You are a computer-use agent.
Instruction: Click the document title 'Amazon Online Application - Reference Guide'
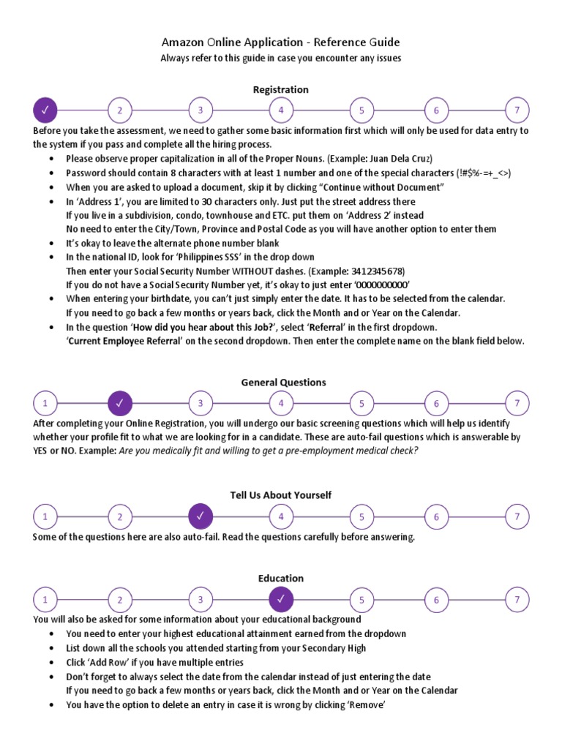(x=280, y=42)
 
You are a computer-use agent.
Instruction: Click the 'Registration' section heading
(x=281, y=89)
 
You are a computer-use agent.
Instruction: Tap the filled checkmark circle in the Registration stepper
(x=45, y=110)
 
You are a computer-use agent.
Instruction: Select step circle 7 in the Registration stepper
(x=517, y=110)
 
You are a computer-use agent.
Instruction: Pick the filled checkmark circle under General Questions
(x=120, y=403)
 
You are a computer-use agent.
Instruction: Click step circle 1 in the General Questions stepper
(x=45, y=403)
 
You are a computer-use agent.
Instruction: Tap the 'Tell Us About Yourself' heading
(x=281, y=495)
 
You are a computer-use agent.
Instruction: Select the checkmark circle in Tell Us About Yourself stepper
(x=201, y=516)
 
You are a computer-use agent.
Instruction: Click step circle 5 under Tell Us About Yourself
(x=361, y=516)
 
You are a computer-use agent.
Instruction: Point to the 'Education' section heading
(x=281, y=579)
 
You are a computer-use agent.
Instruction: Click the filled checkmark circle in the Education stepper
(x=281, y=600)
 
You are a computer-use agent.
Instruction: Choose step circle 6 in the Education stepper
(x=436, y=600)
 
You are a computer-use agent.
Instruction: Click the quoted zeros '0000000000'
(x=381, y=285)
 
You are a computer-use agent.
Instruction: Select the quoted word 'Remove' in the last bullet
(x=368, y=705)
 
